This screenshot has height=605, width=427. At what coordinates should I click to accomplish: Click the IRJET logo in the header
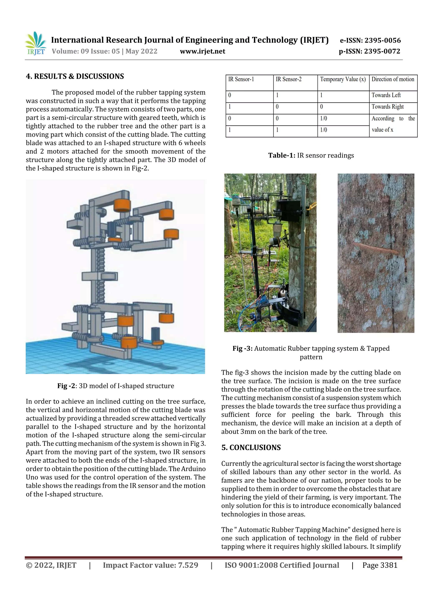click(35, 43)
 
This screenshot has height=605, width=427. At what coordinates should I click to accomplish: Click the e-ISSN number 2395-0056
click(383, 40)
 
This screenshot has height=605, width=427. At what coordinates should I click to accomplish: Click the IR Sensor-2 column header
click(288, 79)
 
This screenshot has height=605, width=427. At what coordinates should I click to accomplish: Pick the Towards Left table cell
click(386, 95)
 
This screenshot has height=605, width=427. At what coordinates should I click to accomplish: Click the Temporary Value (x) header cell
click(343, 79)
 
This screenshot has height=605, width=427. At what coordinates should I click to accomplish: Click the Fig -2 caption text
click(116, 386)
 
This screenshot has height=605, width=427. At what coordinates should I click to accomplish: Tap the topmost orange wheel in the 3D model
click(122, 205)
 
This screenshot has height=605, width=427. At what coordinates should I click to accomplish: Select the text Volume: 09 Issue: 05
click(86, 51)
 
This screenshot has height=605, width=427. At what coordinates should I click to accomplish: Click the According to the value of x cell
click(393, 124)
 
